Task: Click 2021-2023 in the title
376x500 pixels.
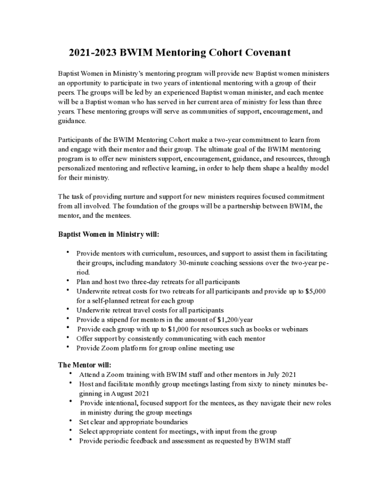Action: pyautogui.click(x=91, y=53)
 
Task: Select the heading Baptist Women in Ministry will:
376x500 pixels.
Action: pyautogui.click(x=109, y=234)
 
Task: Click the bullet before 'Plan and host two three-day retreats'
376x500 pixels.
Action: pyautogui.click(x=67, y=281)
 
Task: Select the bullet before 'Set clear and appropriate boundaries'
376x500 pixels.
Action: pyautogui.click(x=71, y=421)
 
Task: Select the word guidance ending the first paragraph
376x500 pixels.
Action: pyautogui.click(x=72, y=121)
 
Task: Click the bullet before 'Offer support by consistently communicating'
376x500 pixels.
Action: pyautogui.click(x=67, y=338)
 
